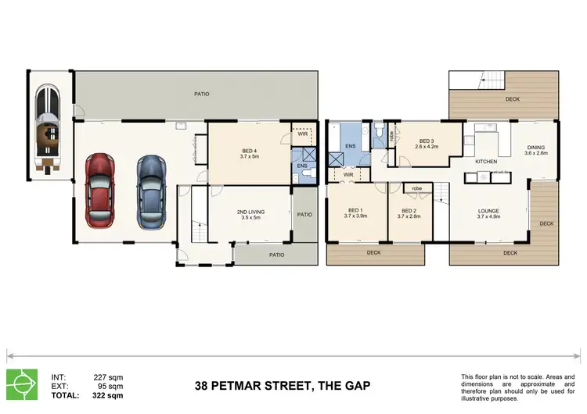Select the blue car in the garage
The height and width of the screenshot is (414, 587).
(150, 191)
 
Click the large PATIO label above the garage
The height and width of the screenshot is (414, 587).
(202, 95)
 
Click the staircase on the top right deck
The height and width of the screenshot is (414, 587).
(490, 79)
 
